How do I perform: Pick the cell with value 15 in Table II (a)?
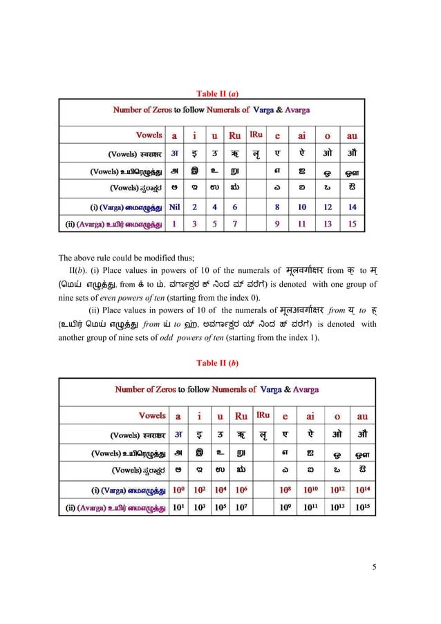[353, 223]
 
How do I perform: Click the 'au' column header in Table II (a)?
[353, 136]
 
